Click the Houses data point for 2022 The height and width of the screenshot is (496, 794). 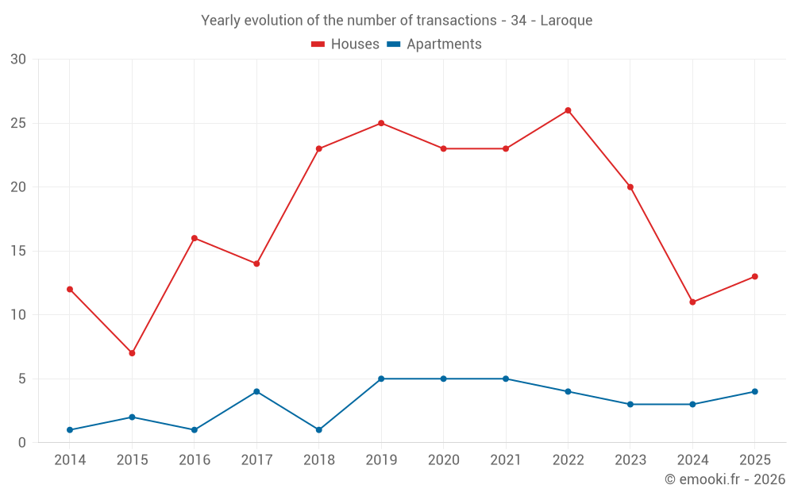(568, 110)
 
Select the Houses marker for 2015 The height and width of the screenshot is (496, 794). (132, 353)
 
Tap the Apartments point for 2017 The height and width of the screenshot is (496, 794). (256, 391)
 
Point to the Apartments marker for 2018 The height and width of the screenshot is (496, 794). (318, 429)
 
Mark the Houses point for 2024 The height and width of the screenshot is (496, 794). (692, 302)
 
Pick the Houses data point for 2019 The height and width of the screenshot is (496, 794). (381, 123)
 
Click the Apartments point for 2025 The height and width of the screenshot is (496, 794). (754, 391)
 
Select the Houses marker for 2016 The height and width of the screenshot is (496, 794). (194, 238)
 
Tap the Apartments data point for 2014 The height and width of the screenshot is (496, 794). (69, 429)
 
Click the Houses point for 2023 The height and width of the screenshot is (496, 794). (630, 186)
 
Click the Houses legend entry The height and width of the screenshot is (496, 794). (345, 44)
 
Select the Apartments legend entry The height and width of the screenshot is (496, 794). (434, 44)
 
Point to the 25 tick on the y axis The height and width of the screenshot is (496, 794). (18, 123)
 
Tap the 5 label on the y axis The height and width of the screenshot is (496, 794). (21, 379)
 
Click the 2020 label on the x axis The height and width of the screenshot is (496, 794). (444, 459)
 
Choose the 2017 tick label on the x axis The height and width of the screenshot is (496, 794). (256, 459)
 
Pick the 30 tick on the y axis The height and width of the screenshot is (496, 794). (18, 60)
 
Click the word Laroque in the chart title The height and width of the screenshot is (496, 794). (566, 21)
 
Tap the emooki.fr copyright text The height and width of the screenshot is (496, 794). (725, 479)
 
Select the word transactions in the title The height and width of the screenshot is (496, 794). (457, 21)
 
